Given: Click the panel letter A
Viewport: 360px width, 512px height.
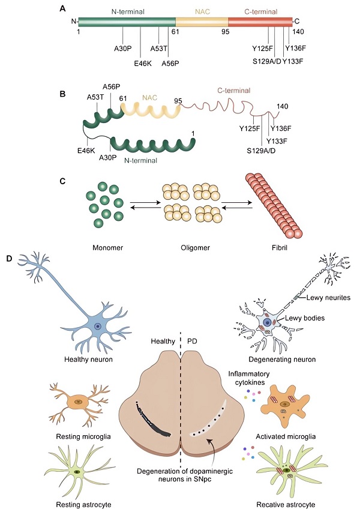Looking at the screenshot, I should click(64, 8).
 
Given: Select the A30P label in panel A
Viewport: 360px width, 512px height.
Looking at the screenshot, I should click(123, 49).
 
